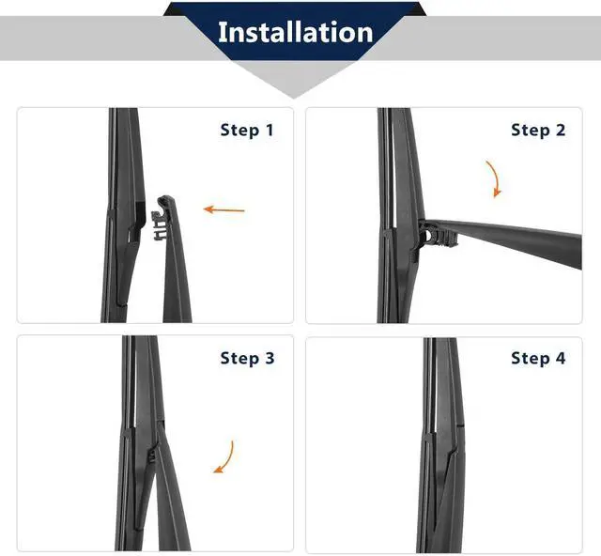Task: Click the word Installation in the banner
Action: pos(295,32)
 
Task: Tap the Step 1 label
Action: pos(247,130)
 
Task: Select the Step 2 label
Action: pos(538,130)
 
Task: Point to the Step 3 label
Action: pos(247,358)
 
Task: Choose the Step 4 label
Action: pos(538,358)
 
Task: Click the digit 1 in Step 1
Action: pos(270,130)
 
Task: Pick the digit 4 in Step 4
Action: pos(561,358)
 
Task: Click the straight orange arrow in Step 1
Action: pos(223,209)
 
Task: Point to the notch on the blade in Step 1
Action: pos(137,227)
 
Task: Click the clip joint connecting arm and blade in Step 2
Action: pos(435,235)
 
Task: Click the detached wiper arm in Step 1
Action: pos(173,261)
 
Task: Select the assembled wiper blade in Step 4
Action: pos(441,445)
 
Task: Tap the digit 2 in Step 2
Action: pos(561,130)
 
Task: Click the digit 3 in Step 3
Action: pos(270,358)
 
